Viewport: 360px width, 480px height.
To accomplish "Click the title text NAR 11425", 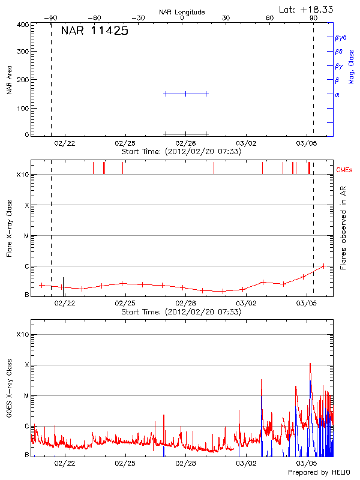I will (94, 31).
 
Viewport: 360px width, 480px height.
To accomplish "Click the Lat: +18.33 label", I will (307, 9).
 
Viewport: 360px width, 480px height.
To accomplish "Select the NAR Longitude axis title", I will (182, 12).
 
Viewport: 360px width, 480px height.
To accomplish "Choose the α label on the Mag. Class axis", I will (337, 94).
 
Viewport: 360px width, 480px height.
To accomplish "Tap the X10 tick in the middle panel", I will (23, 175).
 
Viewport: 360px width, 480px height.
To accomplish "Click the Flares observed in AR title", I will (343, 228).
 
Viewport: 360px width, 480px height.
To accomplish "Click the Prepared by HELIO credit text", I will (318, 473).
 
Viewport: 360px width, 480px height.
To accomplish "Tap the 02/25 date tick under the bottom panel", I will (125, 463).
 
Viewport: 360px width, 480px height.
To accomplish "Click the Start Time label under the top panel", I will (181, 152).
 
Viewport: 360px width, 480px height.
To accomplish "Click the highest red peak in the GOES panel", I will (310, 364).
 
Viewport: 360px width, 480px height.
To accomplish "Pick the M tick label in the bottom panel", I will (26, 395).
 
